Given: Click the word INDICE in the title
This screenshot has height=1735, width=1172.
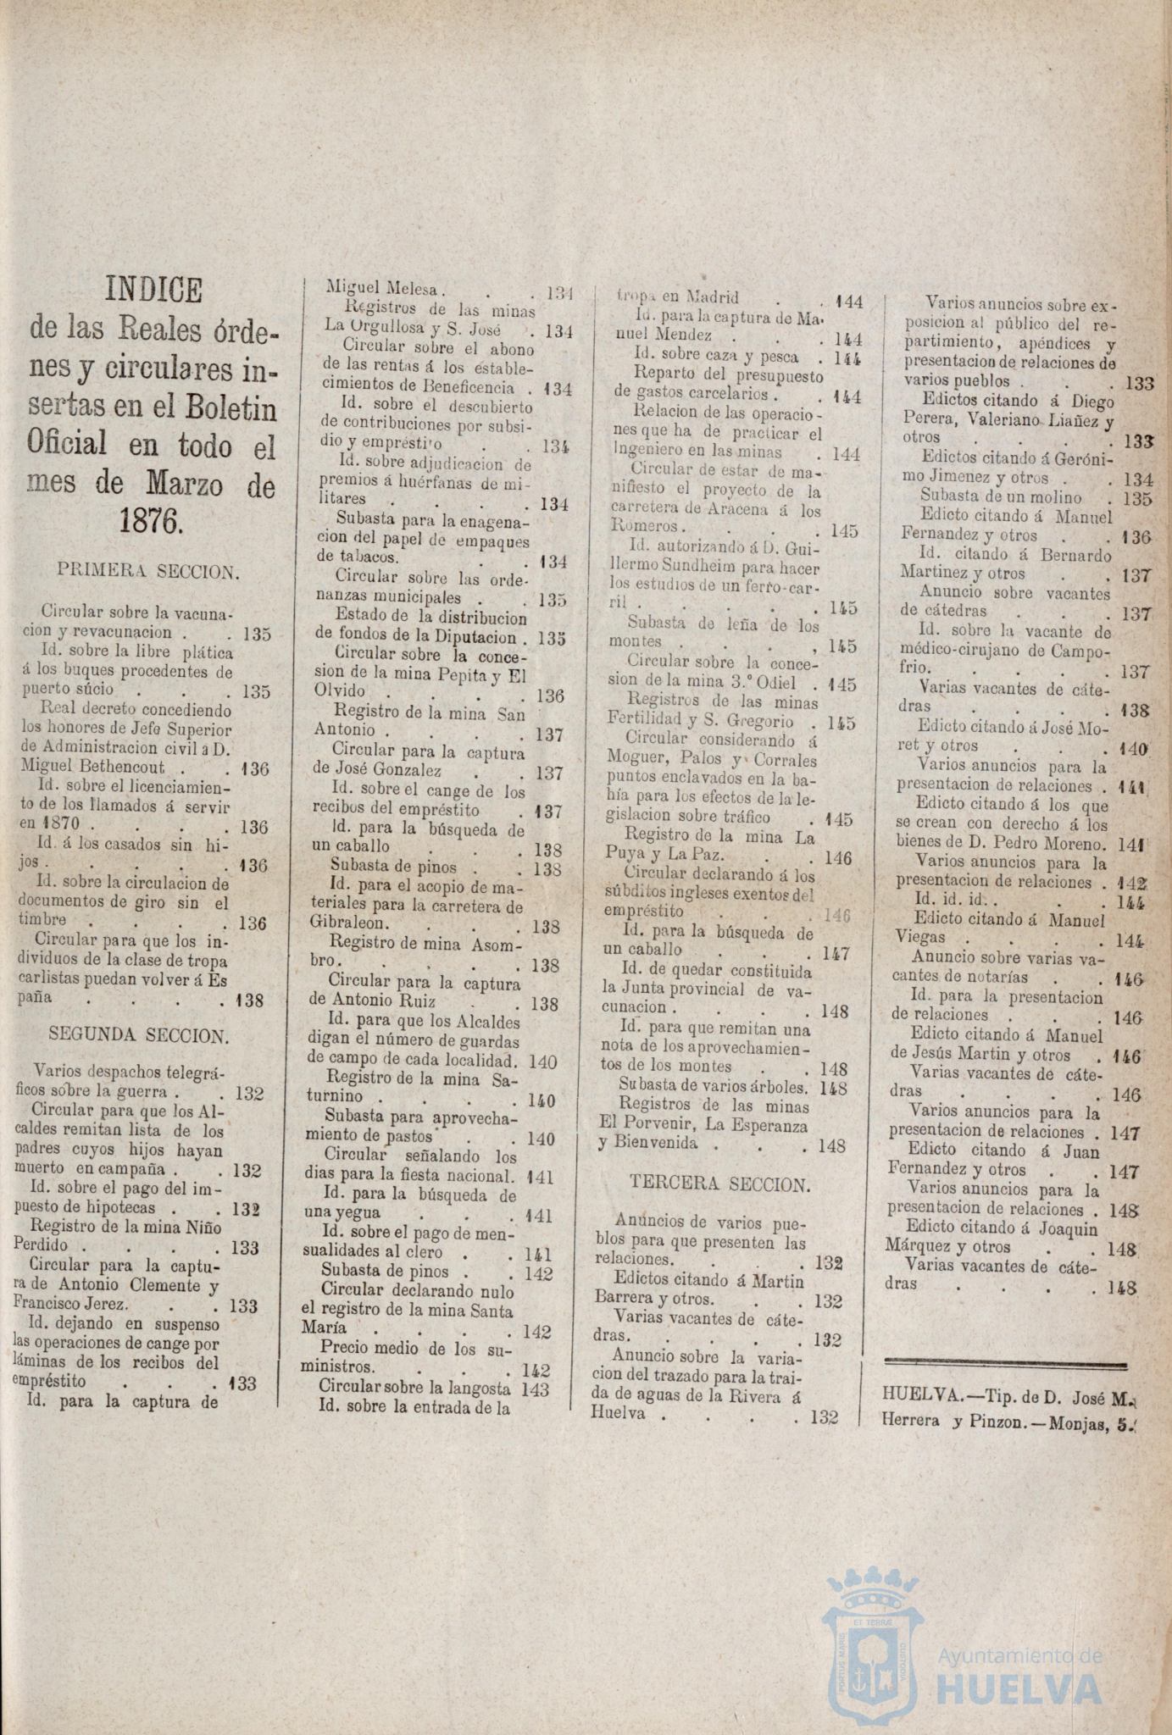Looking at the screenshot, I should [x=153, y=291].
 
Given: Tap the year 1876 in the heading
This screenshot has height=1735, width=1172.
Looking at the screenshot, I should [x=151, y=520].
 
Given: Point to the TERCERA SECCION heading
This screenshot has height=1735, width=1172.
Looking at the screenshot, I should [x=720, y=1184].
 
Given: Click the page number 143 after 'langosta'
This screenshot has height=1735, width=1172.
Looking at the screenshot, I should [x=536, y=1389].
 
